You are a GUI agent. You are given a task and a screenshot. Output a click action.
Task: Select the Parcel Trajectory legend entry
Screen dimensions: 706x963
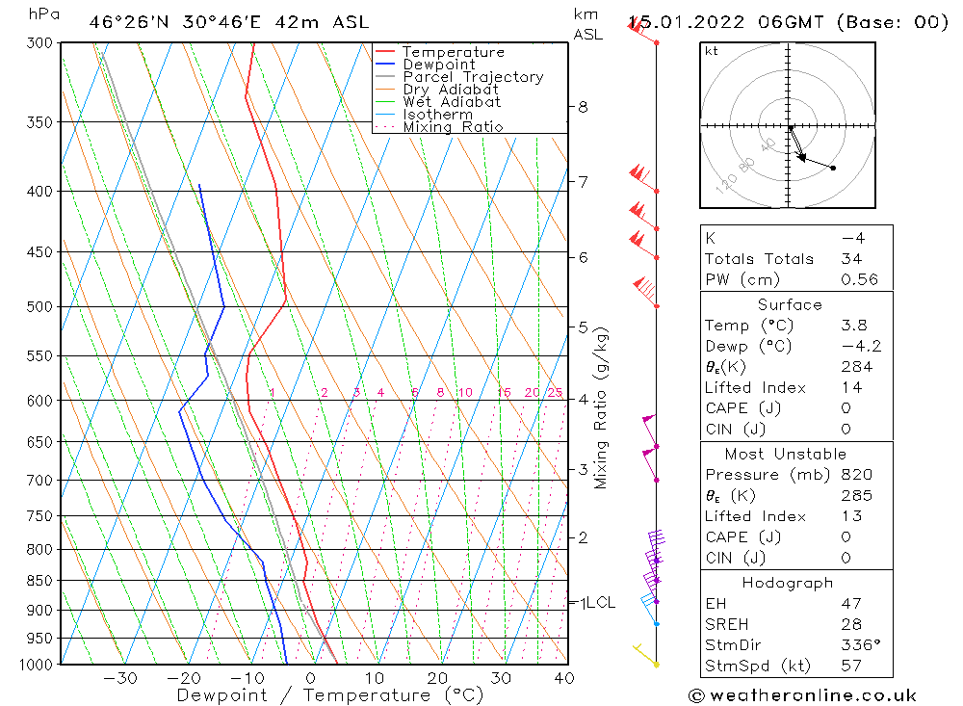(x=473, y=77)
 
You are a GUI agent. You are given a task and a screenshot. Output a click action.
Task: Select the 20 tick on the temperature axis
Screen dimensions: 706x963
(x=437, y=678)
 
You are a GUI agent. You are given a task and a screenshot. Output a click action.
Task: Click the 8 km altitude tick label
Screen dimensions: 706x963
(x=583, y=107)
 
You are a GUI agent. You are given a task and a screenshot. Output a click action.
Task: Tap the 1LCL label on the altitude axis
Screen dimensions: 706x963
(x=596, y=603)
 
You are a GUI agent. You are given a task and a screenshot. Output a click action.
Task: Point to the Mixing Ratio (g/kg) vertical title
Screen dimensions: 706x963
(x=601, y=407)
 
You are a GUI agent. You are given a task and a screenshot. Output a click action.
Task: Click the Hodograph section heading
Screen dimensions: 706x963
(x=788, y=583)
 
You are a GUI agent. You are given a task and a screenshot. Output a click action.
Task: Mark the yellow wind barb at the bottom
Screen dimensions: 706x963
(x=644, y=654)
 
